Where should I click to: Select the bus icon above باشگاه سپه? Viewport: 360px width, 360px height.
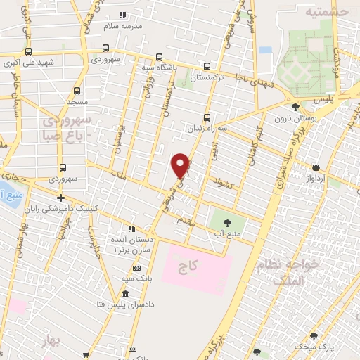[x=159, y=58]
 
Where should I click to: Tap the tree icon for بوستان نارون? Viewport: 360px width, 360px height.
[x=295, y=107]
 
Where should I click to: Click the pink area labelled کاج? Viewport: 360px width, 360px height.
[x=197, y=270]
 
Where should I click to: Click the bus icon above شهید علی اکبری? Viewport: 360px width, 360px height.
[x=28, y=51]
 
